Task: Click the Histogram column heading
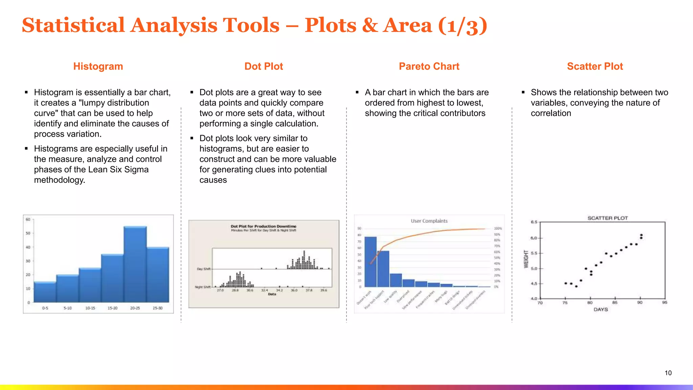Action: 98,66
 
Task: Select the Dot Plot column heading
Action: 264,66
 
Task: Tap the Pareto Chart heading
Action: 429,66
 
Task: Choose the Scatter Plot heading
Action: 595,66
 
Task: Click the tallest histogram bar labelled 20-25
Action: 135,264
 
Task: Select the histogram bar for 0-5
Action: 45,292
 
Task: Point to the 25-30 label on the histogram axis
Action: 157,308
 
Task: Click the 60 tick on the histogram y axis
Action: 28,219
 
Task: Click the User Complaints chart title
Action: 429,221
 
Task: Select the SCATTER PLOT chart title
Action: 607,218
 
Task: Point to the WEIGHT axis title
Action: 526,259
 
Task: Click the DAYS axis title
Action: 601,309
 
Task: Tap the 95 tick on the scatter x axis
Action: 665,302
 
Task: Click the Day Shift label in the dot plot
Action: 204,269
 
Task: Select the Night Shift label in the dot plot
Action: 203,287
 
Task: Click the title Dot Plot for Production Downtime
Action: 263,226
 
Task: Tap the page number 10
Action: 668,373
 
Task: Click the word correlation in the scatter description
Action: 551,113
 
